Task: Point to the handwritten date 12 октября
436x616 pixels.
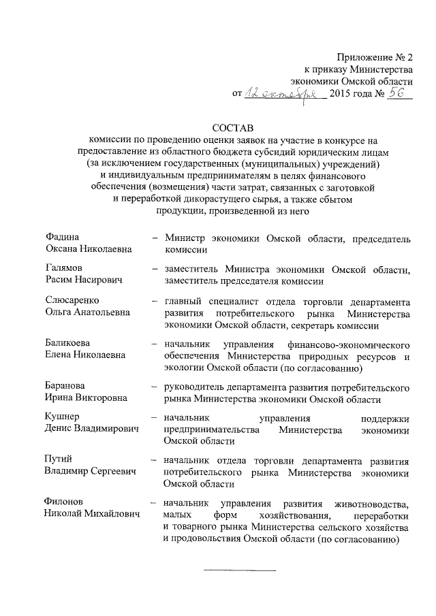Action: pyautogui.click(x=283, y=94)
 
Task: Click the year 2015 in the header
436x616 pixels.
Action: pyautogui.click(x=342, y=94)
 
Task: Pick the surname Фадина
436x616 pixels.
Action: pyautogui.click(x=58, y=238)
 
